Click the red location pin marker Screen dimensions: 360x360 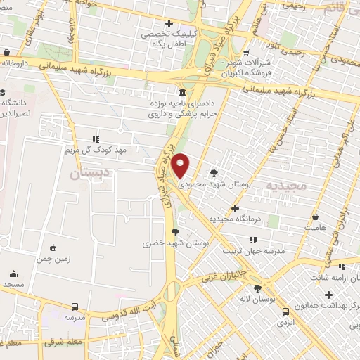tap(181, 165)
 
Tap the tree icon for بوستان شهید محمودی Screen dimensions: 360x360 tap(214, 172)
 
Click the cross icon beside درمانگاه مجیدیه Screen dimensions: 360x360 tap(235, 208)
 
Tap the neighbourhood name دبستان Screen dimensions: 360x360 tap(91, 171)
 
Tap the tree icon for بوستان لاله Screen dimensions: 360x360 tap(257, 288)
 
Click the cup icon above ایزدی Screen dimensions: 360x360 tap(284, 311)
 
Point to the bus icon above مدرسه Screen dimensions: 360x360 tap(75, 307)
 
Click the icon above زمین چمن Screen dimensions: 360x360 tap(53, 247)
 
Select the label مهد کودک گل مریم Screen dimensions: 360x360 tap(96, 150)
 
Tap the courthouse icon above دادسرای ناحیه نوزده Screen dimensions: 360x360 tap(182, 93)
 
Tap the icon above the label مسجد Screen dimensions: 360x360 tap(12, 274)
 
